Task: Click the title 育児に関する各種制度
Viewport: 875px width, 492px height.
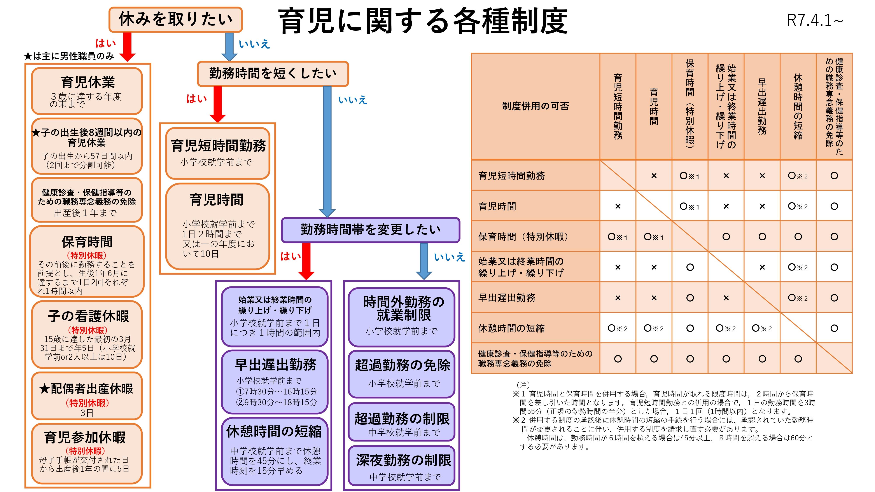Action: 423,21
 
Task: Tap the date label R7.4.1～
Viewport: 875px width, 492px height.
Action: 815,20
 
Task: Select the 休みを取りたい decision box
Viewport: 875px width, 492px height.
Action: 175,19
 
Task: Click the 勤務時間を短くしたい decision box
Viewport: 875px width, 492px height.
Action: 273,73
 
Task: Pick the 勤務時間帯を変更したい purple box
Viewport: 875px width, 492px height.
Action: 370,230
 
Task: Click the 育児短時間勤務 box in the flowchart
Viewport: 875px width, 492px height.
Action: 218,153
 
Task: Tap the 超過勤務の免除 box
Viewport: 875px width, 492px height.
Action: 401,373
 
